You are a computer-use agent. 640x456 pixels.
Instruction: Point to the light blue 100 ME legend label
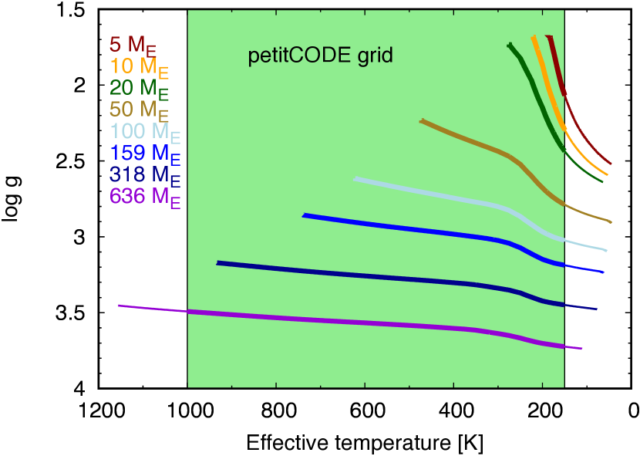tap(145, 133)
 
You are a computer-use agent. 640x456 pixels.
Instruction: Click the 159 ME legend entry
tap(145, 154)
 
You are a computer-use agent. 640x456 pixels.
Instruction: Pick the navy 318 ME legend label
tap(145, 175)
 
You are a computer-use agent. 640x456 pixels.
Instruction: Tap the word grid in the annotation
tap(375, 56)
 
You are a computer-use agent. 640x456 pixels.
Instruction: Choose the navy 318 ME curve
tap(347, 275)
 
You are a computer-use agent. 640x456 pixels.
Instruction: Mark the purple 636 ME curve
tap(347, 323)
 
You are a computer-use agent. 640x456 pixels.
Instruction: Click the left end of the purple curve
tap(120, 306)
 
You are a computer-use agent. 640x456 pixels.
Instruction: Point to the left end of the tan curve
tap(422, 121)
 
